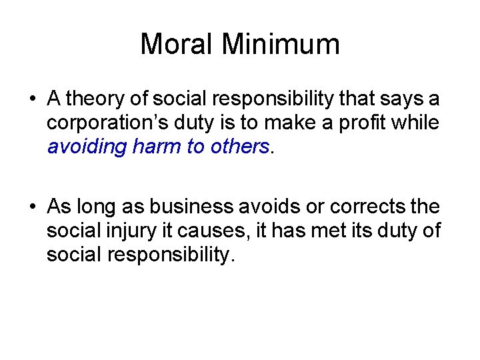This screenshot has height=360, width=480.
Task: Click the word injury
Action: [x=121, y=231]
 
